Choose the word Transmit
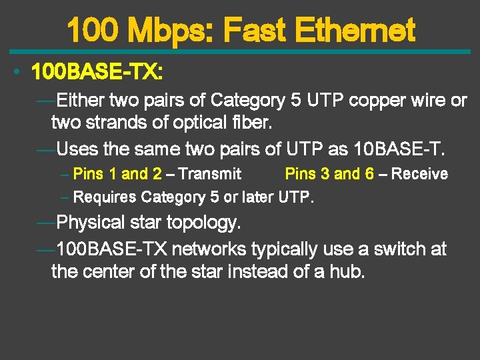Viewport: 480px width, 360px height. tap(210, 174)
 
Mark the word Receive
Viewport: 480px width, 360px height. tap(419, 174)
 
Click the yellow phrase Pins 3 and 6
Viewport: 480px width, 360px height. tap(329, 174)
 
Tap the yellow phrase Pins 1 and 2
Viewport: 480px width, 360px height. tap(117, 174)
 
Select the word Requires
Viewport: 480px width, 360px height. tap(105, 197)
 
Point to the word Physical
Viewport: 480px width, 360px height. tap(91, 221)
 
